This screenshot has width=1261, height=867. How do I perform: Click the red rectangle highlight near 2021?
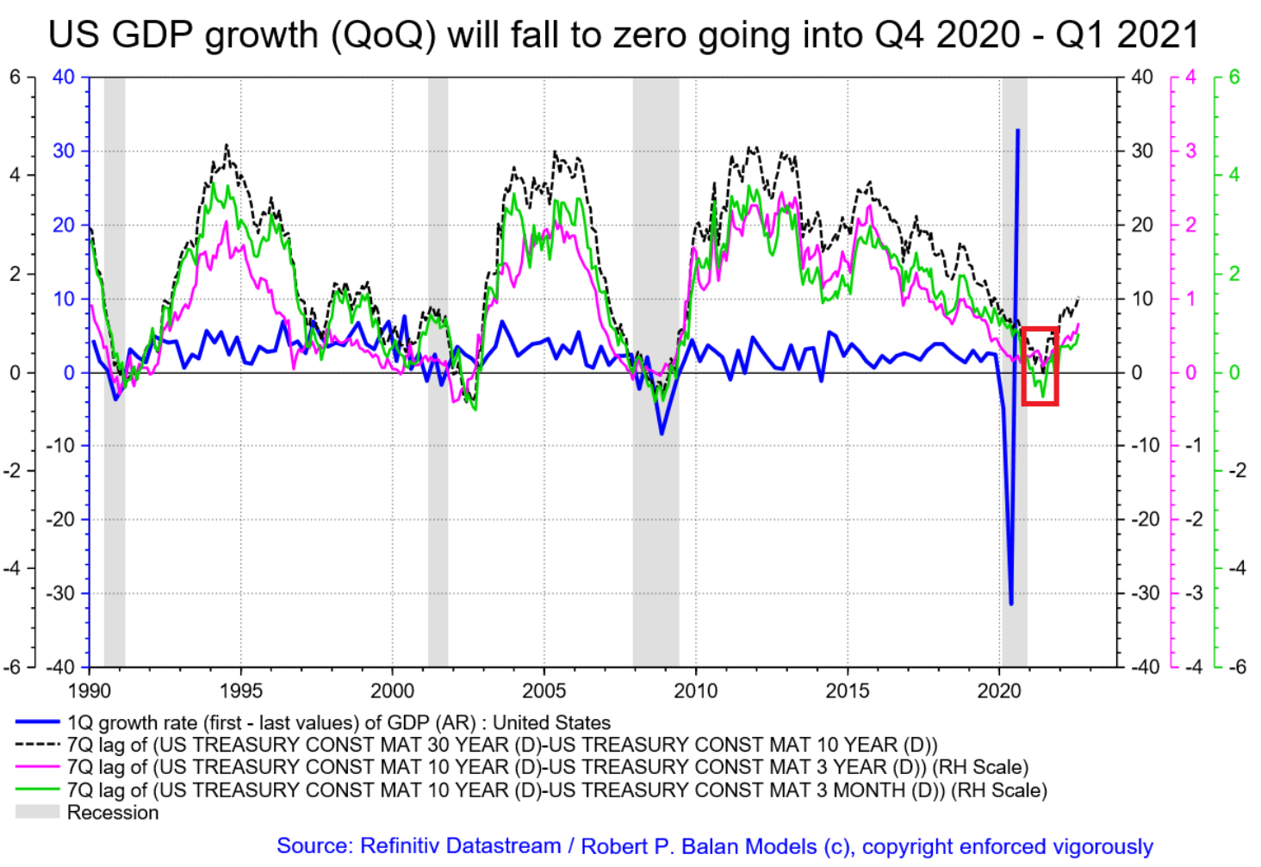click(x=1040, y=366)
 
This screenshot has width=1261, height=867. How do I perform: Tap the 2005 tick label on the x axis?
click(x=544, y=691)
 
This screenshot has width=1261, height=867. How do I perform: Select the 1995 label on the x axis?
click(x=240, y=691)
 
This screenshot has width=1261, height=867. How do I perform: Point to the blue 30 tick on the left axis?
click(x=64, y=151)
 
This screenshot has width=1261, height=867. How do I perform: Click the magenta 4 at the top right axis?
click(x=1190, y=77)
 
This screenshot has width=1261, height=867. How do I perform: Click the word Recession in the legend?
click(x=113, y=813)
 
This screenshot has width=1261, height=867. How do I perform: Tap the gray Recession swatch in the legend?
click(x=37, y=812)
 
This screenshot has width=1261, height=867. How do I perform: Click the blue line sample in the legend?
click(x=37, y=722)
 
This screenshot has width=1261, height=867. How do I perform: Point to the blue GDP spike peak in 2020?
click(x=1018, y=131)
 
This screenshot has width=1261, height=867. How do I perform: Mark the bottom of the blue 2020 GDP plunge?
click(x=1011, y=604)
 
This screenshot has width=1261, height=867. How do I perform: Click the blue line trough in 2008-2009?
click(x=662, y=433)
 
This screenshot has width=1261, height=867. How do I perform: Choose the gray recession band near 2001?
click(x=438, y=370)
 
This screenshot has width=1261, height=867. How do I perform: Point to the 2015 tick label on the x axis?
click(x=847, y=691)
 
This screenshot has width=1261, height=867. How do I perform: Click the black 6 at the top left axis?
click(x=16, y=77)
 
